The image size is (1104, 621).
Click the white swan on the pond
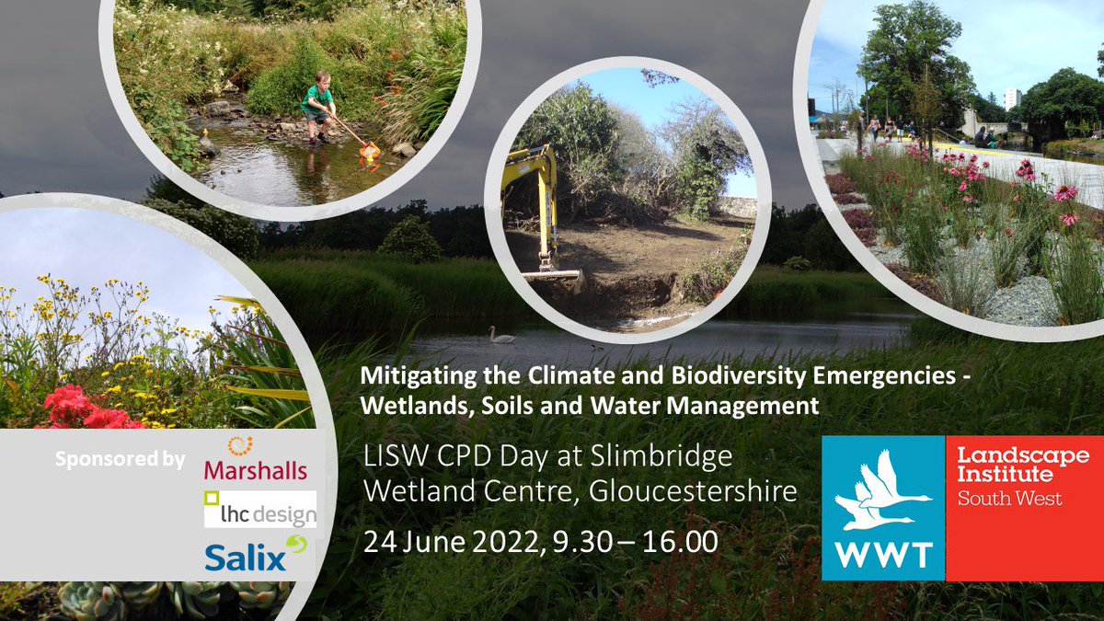tap(501, 336)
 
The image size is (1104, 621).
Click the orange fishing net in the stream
tap(370, 148)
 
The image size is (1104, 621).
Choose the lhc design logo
tap(260, 510)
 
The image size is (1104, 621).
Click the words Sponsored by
tap(120, 459)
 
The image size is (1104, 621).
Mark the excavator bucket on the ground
tap(552, 273)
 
